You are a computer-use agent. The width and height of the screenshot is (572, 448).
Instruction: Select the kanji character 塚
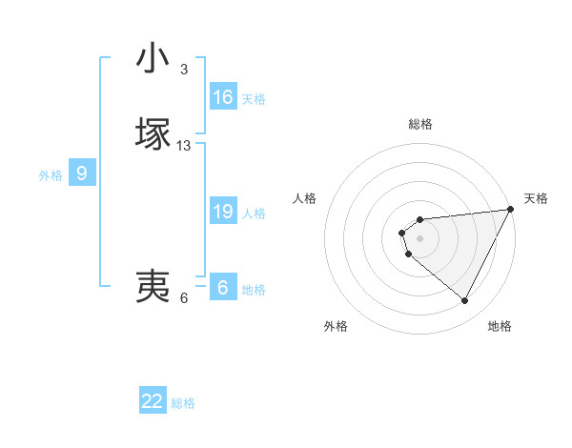click(153, 132)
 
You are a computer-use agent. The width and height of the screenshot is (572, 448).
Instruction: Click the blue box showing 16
click(223, 97)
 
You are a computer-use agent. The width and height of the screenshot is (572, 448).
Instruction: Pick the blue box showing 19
click(223, 212)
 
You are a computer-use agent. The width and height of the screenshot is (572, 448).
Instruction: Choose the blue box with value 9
click(82, 173)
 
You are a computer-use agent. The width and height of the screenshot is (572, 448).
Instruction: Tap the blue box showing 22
click(153, 401)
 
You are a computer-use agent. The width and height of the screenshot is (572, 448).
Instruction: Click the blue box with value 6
click(223, 288)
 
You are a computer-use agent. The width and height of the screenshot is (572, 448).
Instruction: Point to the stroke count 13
click(184, 146)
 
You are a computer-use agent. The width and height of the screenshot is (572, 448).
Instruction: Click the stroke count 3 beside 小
click(184, 70)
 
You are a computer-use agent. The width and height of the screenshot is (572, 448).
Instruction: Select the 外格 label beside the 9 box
click(51, 175)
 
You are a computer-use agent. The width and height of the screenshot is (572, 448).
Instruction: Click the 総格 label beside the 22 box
click(183, 403)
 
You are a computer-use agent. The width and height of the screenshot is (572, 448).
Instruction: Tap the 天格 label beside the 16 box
click(254, 99)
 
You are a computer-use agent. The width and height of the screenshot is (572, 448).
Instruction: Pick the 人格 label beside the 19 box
click(254, 214)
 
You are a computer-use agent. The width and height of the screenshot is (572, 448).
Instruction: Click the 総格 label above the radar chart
click(420, 124)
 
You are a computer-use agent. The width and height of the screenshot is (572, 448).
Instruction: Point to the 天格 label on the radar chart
click(536, 198)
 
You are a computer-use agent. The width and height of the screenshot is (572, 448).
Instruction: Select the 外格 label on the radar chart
click(336, 327)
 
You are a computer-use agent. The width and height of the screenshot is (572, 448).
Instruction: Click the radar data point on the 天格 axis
click(511, 210)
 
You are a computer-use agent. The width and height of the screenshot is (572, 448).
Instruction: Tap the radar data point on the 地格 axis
click(465, 301)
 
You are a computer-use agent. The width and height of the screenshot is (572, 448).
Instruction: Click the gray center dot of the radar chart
click(420, 238)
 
